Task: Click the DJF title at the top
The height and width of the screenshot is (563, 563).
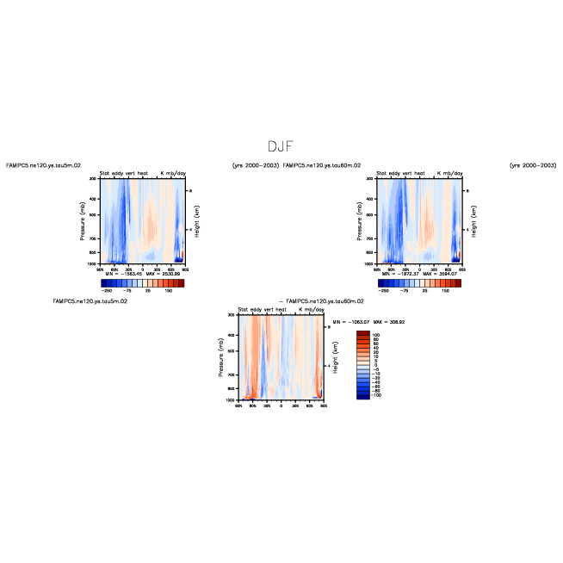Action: point(281,147)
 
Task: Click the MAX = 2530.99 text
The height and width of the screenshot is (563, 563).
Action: point(163,273)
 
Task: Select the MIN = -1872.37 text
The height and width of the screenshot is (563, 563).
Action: point(401,273)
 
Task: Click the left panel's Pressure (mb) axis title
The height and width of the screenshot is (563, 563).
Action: point(83,220)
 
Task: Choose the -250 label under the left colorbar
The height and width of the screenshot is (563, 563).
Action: point(108,291)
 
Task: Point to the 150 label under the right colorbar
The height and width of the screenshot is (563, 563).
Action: point(446,291)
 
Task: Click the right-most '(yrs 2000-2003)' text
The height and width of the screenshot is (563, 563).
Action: point(532,164)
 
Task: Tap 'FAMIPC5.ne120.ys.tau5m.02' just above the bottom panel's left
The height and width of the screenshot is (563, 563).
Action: point(90,301)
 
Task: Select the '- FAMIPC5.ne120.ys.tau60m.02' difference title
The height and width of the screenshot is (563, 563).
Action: point(320,301)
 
